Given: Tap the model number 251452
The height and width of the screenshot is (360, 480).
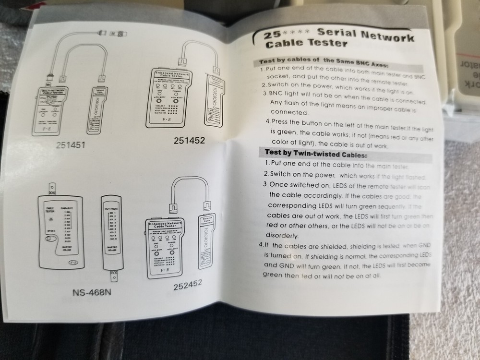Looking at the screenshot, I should pos(190,140).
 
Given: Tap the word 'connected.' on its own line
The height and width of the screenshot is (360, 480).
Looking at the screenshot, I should pos(290,112).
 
